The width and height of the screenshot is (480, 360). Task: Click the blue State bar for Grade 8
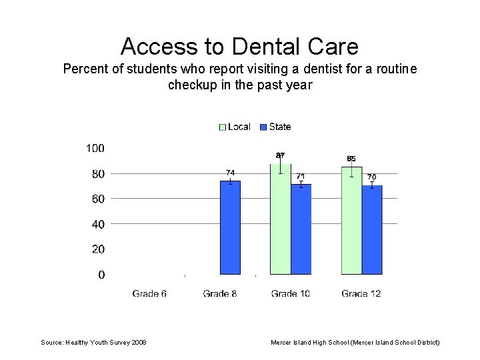coord(230,227)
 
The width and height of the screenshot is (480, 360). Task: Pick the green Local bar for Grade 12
coord(351,220)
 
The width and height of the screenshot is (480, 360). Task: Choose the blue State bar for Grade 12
coord(372,229)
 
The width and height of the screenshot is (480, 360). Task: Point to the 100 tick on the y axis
coord(95,148)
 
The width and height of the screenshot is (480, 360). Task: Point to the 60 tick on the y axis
coord(97,199)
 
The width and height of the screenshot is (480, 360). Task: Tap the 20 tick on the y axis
coord(97,249)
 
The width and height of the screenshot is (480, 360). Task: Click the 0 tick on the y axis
coord(101,275)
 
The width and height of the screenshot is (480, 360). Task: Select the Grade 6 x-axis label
coord(149,293)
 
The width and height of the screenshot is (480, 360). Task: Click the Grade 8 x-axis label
coord(220,293)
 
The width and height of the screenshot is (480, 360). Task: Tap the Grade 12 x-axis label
coord(361,293)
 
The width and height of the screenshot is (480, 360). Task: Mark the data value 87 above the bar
coord(281,155)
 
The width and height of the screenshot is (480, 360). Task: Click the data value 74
coord(230,173)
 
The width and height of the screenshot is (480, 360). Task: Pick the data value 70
coord(372,177)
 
